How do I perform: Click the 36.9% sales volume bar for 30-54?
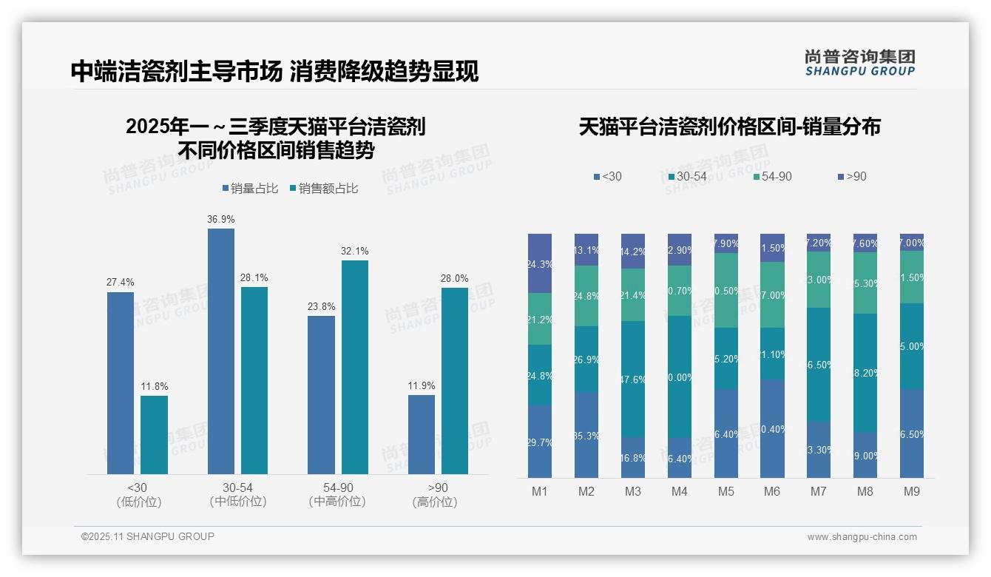coord(220,351)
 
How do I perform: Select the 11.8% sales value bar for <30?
coord(154,435)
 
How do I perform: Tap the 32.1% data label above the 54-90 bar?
coord(354,251)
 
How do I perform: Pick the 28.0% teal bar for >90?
coord(454,381)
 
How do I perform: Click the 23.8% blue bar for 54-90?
coord(321,395)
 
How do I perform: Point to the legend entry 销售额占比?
coord(328,189)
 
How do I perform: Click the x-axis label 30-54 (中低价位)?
coord(237,495)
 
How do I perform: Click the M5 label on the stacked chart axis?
coord(726,491)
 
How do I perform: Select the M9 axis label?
coord(911,491)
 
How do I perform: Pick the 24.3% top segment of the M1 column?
coord(540,263)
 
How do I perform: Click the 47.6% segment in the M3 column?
coord(632,379)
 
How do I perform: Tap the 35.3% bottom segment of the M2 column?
coord(586,435)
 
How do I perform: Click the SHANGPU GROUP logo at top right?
coord(859,62)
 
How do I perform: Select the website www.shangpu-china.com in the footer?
coord(862,537)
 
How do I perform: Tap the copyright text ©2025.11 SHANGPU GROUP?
coord(148,536)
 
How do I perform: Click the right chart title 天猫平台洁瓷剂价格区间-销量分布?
coord(729,126)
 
